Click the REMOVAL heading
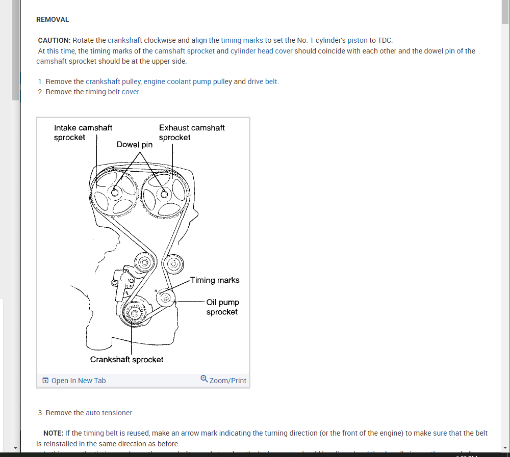click(x=53, y=19)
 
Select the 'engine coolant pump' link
click(x=177, y=82)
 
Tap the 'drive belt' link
click(x=263, y=82)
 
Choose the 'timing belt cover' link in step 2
click(x=112, y=92)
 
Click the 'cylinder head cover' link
click(x=261, y=51)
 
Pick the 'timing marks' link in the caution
click(x=242, y=40)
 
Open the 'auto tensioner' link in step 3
click(x=109, y=413)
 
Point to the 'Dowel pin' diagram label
click(x=134, y=145)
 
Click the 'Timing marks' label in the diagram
click(x=215, y=280)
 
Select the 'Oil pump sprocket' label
click(x=222, y=307)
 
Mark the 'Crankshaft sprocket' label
click(x=127, y=360)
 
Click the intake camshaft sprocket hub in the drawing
click(x=115, y=192)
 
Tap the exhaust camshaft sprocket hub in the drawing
click(x=164, y=193)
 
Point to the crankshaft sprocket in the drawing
click(x=135, y=313)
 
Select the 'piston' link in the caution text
click(x=357, y=40)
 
